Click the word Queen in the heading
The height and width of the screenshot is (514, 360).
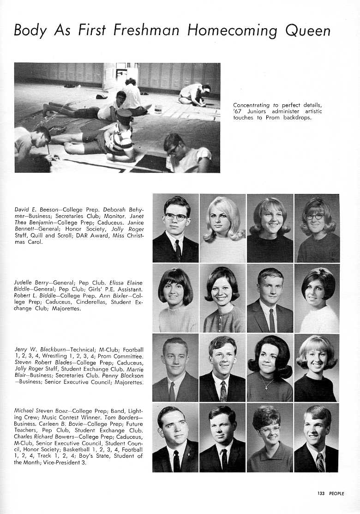pyautogui.click(x=308, y=30)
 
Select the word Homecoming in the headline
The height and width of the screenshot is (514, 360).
pyautogui.click(x=233, y=31)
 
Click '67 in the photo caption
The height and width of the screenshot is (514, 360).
pyautogui.click(x=237, y=111)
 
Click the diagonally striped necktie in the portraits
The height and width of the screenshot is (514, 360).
pyautogui.click(x=320, y=462)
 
